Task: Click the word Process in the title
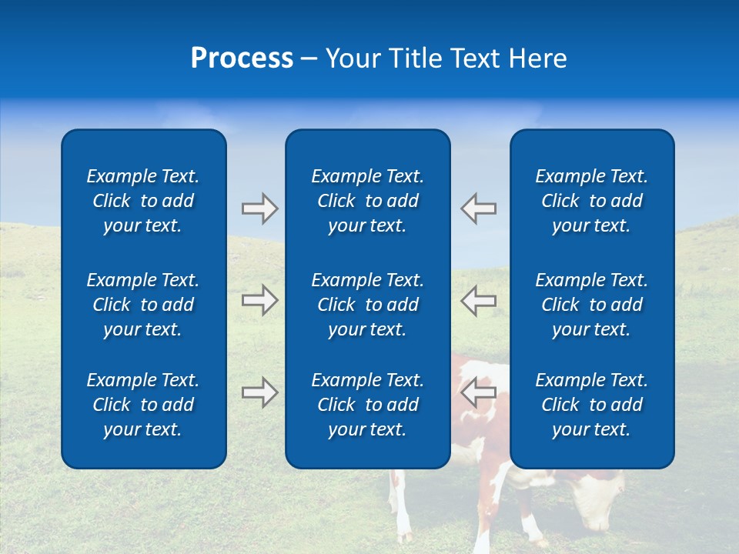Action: coord(242,58)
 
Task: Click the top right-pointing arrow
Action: coord(259,209)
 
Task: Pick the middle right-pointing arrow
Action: coord(259,300)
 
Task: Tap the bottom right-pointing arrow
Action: coord(259,392)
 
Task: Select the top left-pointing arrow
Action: coord(479,209)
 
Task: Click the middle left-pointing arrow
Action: coord(479,300)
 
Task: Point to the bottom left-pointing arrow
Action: coord(479,392)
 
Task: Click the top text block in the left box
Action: coord(143,201)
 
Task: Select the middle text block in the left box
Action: coord(143,305)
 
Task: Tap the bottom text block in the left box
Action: coord(143,405)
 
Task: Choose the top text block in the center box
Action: coord(367,201)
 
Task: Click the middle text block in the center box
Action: coord(367,305)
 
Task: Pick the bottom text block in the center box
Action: coord(367,405)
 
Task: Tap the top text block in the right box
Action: coord(592,201)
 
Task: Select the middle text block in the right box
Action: coord(592,305)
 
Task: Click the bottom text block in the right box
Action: coord(592,405)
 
